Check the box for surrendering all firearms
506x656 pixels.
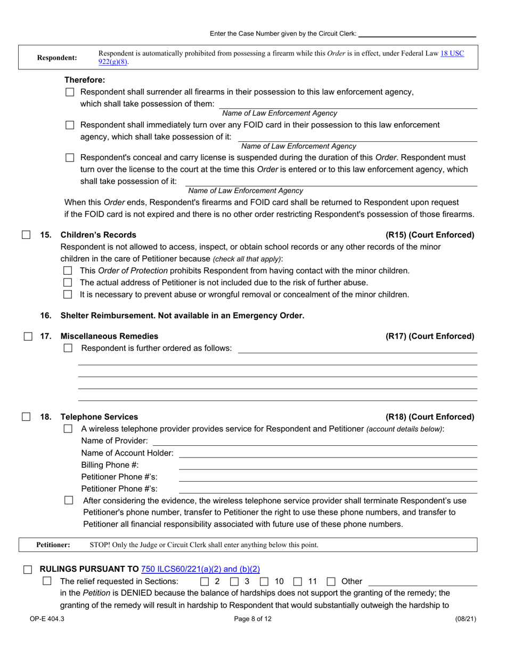point(70,92)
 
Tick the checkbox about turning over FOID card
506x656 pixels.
point(70,125)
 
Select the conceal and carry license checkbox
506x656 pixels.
point(70,158)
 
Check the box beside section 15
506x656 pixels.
point(26,235)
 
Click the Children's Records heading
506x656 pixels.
point(99,235)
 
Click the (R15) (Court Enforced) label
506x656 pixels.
point(429,235)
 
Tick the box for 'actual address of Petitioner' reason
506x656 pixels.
point(68,283)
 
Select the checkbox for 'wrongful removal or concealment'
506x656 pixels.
point(68,294)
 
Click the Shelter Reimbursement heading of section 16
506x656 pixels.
point(182,315)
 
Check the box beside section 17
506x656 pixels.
point(26,336)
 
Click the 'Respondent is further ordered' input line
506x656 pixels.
point(357,348)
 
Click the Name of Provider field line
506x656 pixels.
point(314,441)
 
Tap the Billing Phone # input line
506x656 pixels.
point(328,465)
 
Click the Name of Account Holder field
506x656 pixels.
point(328,453)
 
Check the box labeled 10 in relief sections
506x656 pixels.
point(264,581)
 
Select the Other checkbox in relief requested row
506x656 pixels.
point(331,581)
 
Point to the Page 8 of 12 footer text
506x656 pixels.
point(253,619)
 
